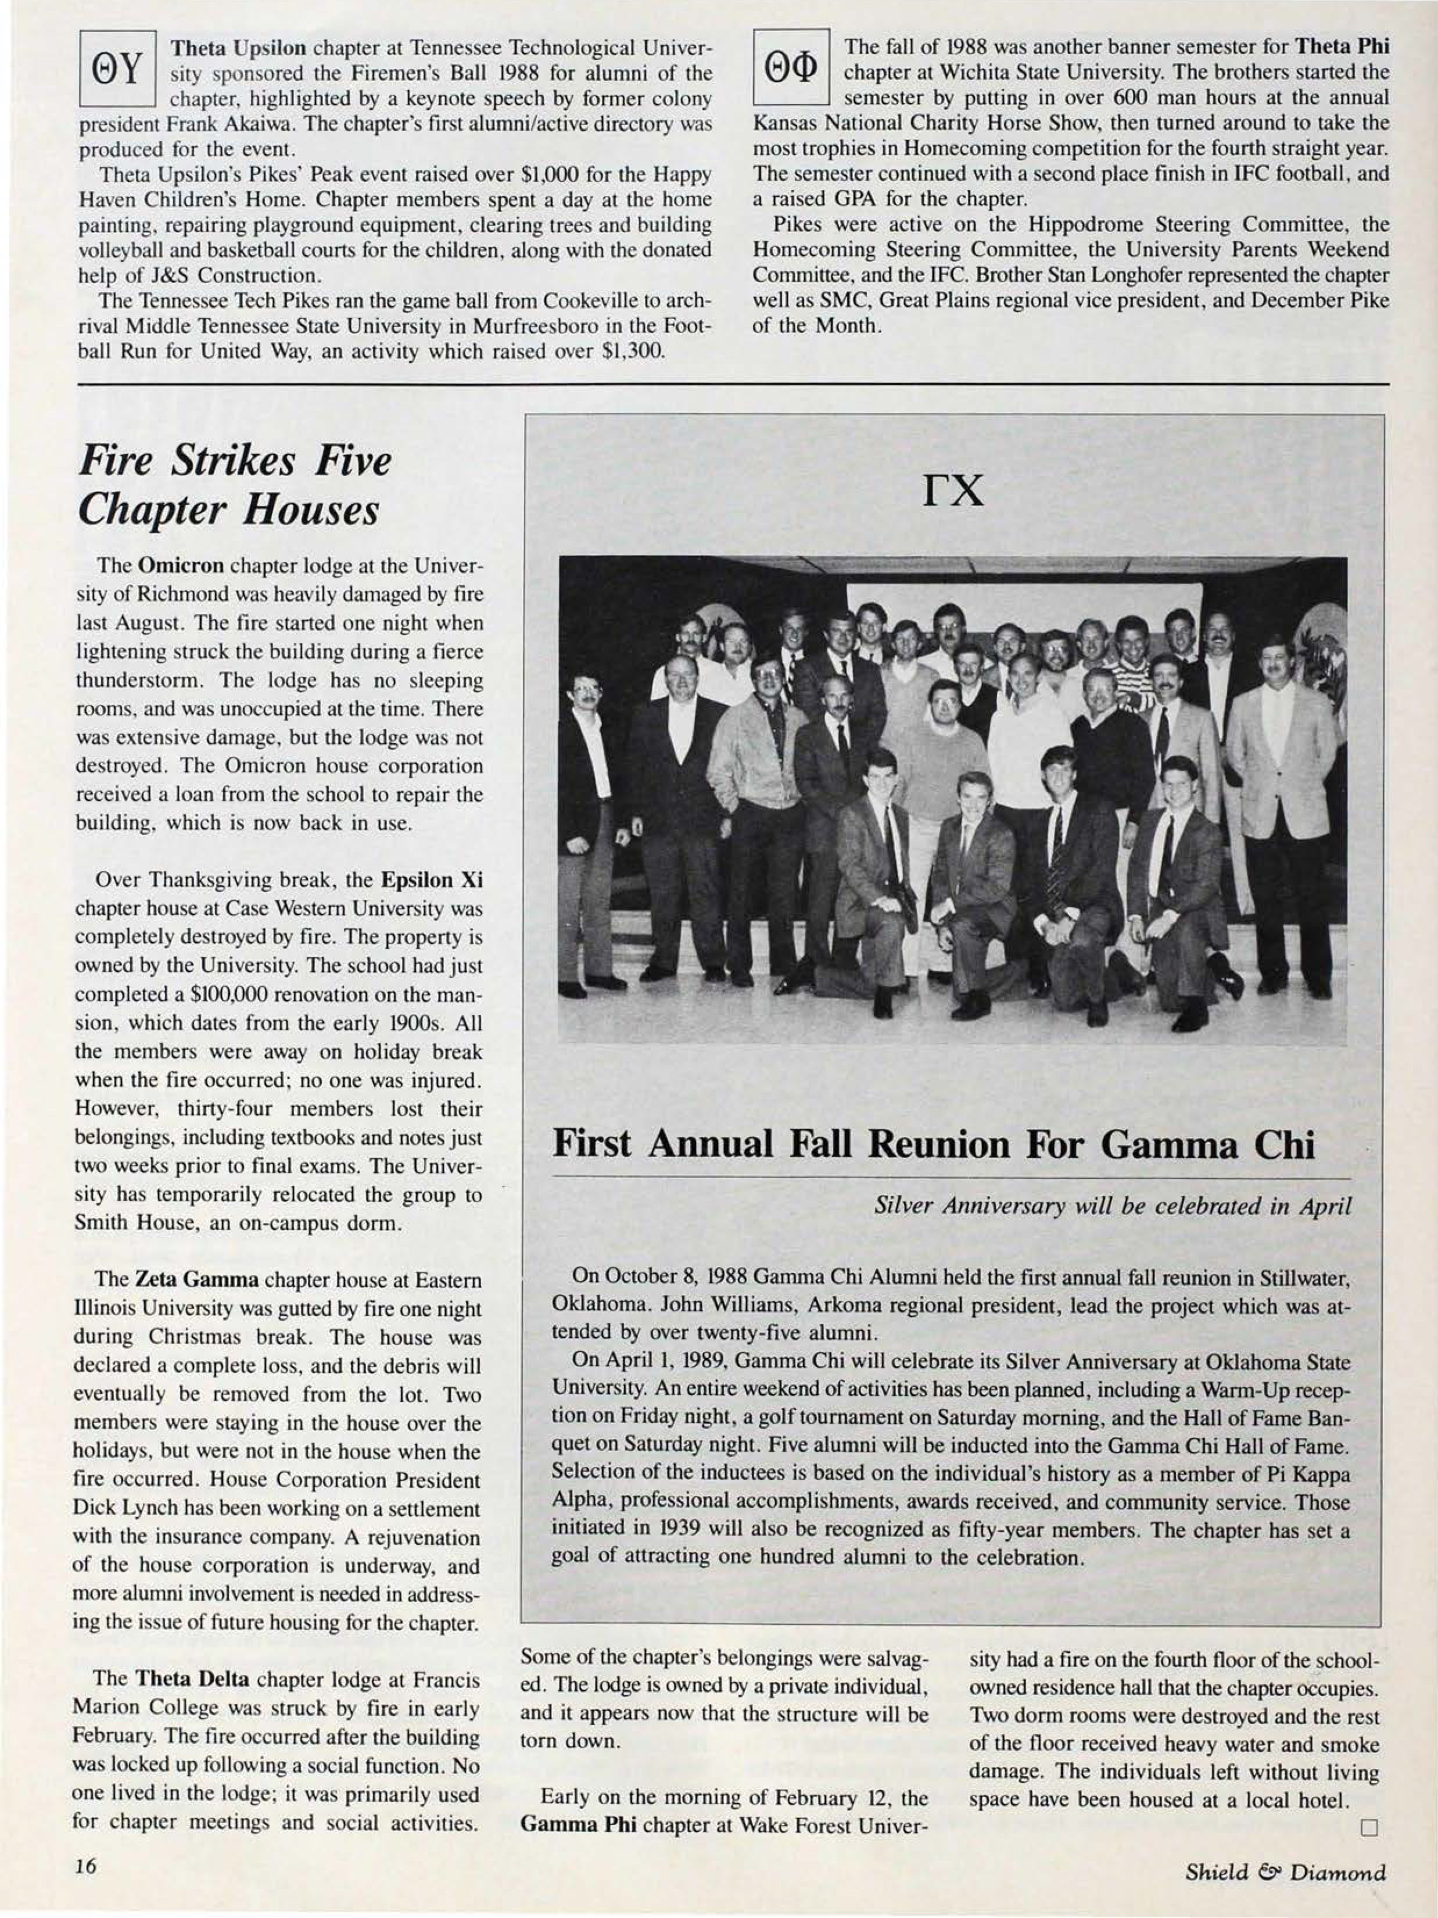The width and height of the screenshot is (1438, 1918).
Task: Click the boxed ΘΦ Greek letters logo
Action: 791,69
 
